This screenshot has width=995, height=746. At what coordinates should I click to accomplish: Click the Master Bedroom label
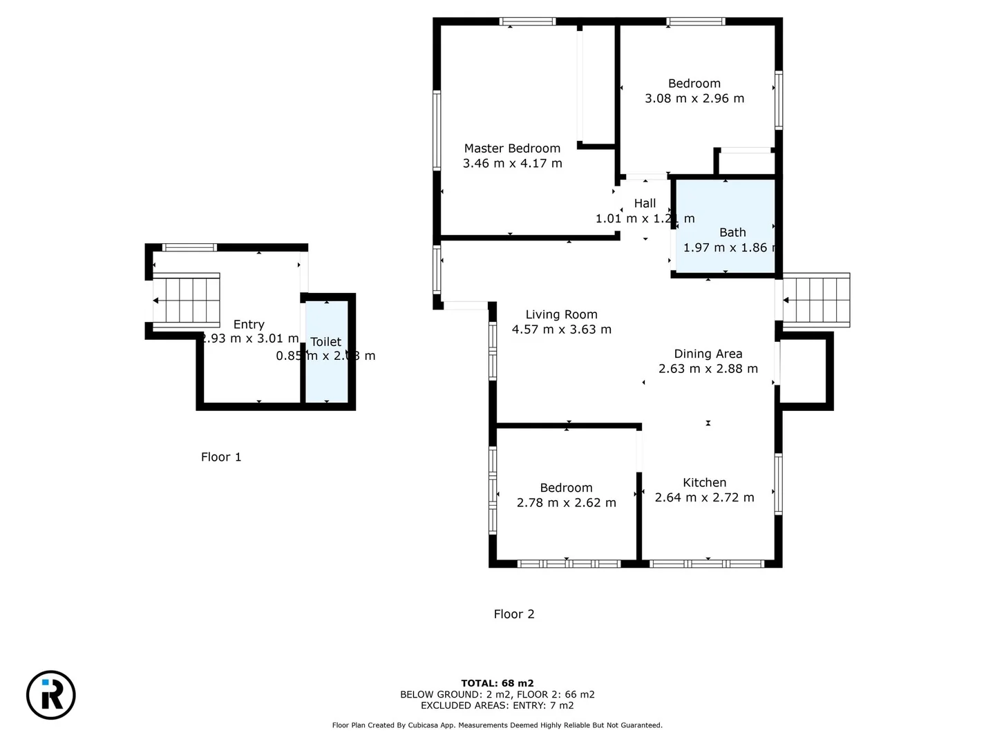click(512, 149)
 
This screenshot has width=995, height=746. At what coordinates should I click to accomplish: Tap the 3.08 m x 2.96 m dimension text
click(694, 99)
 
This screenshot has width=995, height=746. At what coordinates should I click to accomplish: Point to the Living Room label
click(561, 315)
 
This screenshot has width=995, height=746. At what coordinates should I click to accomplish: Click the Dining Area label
click(708, 354)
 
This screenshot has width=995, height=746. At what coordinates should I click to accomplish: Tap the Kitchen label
click(704, 483)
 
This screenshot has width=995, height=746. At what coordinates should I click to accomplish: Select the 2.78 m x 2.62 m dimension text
click(566, 503)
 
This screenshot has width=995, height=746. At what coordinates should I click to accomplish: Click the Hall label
click(645, 204)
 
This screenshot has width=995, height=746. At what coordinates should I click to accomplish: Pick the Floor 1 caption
click(221, 457)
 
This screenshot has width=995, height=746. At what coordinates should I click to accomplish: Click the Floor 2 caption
click(513, 614)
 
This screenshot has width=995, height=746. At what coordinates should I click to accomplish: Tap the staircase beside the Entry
click(186, 300)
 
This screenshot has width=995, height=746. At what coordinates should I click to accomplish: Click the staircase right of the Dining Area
click(816, 300)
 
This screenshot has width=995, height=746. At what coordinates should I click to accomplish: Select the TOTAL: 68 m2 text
click(497, 684)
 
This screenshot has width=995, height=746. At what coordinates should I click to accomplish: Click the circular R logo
click(51, 695)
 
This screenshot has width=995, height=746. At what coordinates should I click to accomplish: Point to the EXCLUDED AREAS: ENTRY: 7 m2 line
click(497, 705)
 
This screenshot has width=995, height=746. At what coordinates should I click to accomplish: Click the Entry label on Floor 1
click(249, 325)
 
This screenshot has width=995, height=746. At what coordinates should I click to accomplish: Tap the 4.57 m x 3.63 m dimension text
click(561, 330)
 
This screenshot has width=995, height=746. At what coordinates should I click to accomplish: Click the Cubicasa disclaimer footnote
click(497, 725)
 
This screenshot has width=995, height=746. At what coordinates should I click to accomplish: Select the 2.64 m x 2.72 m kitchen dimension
click(704, 498)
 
